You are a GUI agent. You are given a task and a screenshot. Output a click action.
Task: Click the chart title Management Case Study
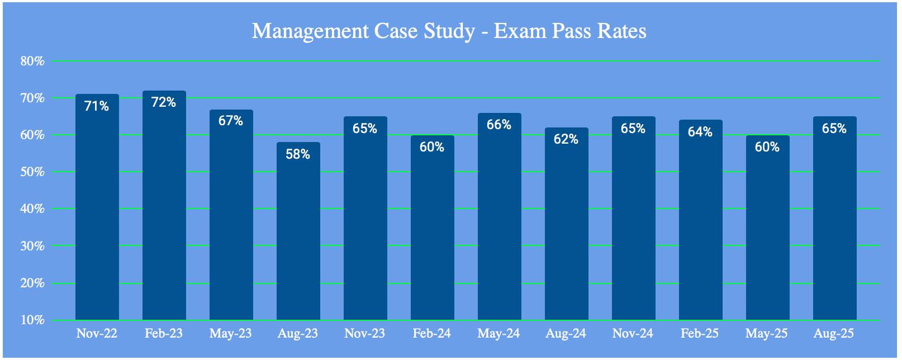click(449, 31)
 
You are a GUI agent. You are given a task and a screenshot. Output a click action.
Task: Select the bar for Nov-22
click(97, 212)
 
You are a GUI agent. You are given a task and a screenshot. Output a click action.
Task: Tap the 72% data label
click(164, 102)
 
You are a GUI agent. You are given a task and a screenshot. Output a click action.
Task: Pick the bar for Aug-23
click(298, 235)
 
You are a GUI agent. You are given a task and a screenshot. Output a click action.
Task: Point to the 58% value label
click(298, 154)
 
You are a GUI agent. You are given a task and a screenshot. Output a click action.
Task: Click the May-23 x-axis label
click(231, 334)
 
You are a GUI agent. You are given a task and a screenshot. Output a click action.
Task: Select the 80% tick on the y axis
click(32, 61)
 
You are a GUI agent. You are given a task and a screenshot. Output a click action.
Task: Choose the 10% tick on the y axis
click(32, 320)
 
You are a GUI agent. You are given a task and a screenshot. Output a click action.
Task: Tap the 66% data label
click(499, 125)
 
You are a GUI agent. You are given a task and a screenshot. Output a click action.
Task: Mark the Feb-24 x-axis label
click(432, 334)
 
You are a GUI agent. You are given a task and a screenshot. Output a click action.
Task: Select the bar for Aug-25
click(835, 224)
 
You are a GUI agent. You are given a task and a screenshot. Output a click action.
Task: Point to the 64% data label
click(700, 132)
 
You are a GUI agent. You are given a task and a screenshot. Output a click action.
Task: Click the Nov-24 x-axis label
click(633, 334)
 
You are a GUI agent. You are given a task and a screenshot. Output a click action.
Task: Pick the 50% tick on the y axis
click(32, 172)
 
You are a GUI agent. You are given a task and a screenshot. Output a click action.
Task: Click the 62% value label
click(566, 139)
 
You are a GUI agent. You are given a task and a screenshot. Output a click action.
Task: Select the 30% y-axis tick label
click(32, 245)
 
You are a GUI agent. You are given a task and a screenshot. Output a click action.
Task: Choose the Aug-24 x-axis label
click(566, 334)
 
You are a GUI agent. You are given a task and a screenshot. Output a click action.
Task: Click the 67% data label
click(231, 121)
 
